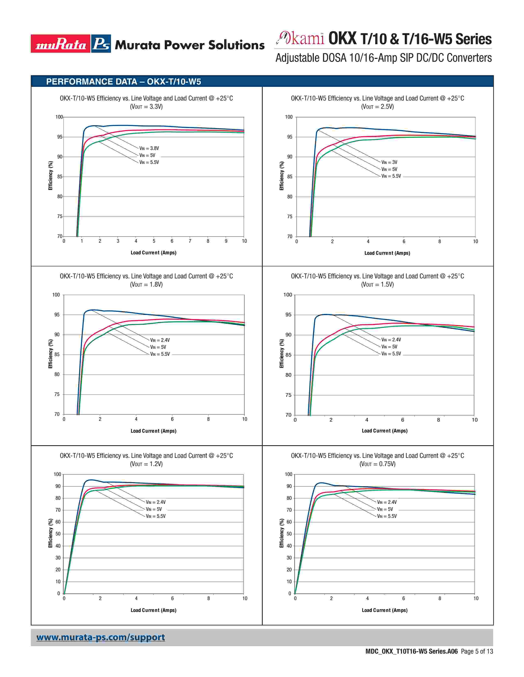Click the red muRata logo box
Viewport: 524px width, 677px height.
[61, 44]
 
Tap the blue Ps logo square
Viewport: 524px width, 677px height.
[101, 44]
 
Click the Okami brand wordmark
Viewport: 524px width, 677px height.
[300, 38]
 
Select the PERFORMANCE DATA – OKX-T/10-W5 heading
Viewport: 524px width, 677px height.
[123, 81]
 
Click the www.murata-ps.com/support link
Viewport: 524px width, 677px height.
[100, 637]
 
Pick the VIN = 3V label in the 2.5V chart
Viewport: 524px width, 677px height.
[389, 162]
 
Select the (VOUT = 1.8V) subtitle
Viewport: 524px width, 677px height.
[146, 284]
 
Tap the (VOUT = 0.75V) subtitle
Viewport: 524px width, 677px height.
[377, 464]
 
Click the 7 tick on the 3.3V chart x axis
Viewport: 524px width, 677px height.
[190, 241]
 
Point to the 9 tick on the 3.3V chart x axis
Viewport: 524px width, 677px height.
[226, 241]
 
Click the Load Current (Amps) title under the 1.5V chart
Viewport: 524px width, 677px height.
[385, 431]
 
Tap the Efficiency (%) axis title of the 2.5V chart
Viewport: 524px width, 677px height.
[282, 176]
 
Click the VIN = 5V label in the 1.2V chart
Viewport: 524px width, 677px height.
[154, 509]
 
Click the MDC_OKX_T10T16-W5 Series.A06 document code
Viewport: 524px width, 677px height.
[411, 651]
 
